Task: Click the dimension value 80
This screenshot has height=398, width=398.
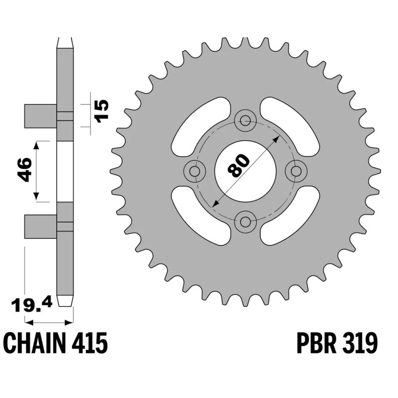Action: tap(238, 166)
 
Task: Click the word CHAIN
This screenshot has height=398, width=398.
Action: tap(35, 343)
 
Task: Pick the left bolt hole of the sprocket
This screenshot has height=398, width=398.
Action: tap(195, 171)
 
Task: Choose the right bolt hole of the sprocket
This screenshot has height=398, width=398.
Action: tap(297, 171)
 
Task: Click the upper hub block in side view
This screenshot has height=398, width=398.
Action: tap(40, 116)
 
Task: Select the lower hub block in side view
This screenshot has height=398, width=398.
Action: tap(40, 226)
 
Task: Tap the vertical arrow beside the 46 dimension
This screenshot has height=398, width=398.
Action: tap(36, 171)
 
